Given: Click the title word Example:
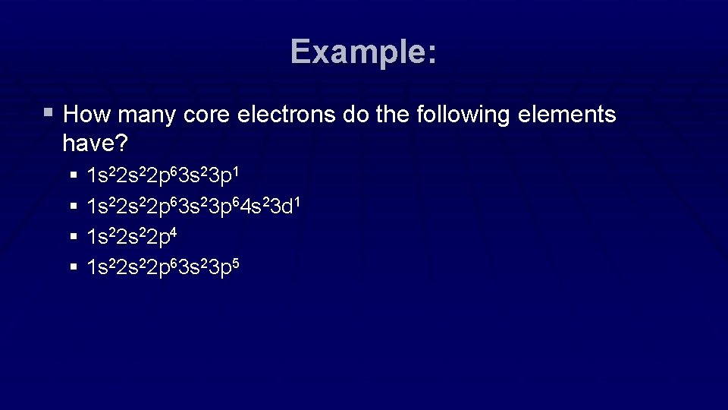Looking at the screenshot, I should coord(363,52).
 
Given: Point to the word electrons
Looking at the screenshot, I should coord(286,115).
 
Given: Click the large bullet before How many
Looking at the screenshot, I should coord(49,114).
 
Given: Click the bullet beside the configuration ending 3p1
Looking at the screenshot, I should coord(74,176).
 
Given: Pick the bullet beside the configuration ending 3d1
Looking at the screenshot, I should coord(74,207).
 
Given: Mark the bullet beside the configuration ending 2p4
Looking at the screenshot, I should coord(74,237).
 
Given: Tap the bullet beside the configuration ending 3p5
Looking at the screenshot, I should coord(74,267).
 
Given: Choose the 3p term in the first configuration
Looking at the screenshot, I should coord(221,176).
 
